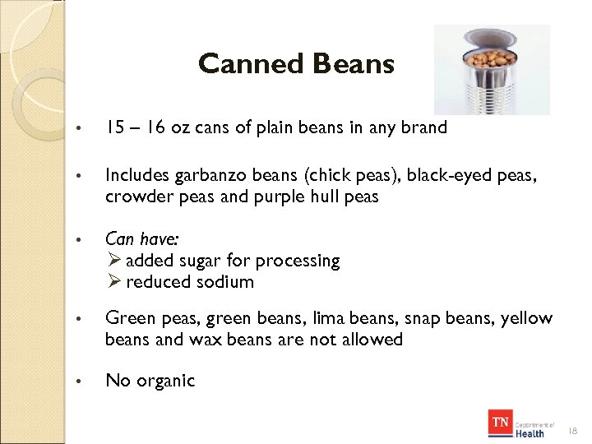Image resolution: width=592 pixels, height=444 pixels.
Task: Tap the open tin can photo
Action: click(492, 70)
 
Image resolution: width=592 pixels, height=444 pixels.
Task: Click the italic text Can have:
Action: click(142, 238)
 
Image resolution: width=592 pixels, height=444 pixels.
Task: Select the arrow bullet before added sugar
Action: click(114, 261)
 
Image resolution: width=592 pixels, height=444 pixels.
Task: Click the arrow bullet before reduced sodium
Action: click(114, 282)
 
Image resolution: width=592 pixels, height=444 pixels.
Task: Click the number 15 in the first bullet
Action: click(114, 127)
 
